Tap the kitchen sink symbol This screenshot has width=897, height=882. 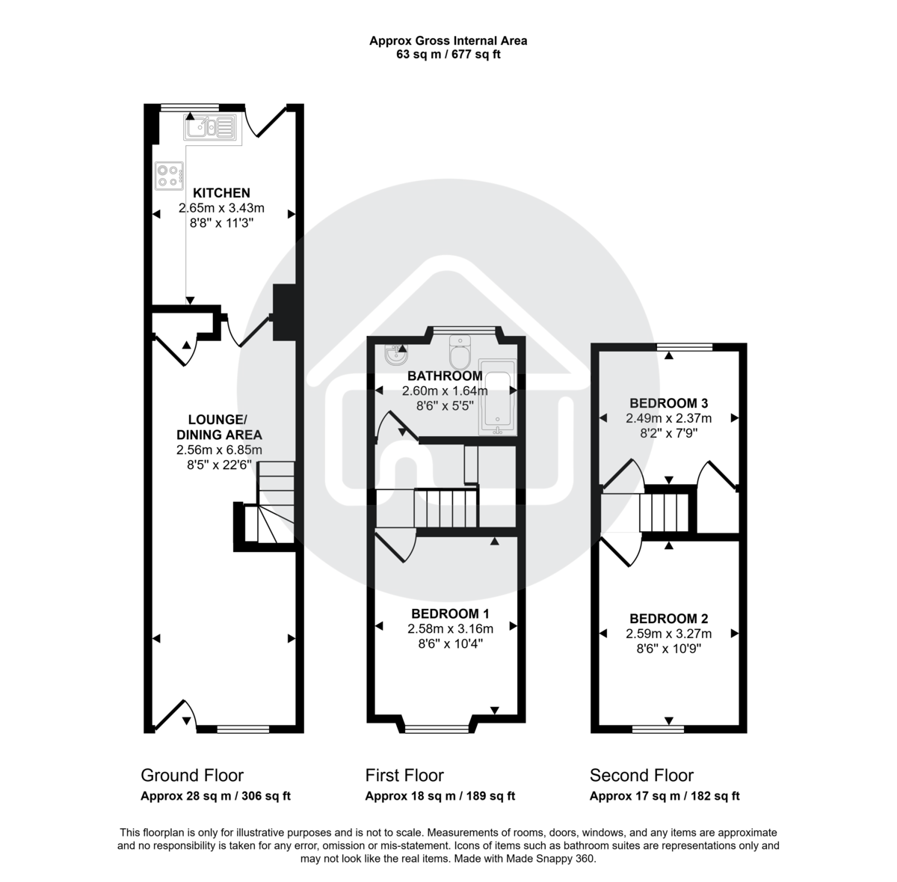pos(210,128)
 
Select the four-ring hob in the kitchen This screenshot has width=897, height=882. pos(169,175)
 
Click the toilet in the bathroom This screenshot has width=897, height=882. pos(459,349)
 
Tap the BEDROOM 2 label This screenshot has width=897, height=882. pos(668,619)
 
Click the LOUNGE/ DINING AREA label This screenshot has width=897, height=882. pos(219,426)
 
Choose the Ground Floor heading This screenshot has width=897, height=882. pos(192,775)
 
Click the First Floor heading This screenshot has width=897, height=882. pos(404,775)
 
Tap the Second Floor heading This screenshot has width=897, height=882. pos(641,775)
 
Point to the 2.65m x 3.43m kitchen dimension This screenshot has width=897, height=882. pos(221,208)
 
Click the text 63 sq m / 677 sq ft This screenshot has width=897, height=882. pos(449,54)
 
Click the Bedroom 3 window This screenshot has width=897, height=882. pos(685,346)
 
